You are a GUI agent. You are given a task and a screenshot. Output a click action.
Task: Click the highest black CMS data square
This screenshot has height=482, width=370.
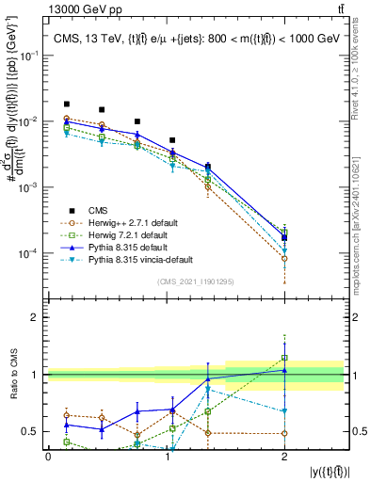coord(66,104)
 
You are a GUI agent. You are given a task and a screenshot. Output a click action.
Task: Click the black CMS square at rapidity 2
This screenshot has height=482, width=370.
coord(283,237)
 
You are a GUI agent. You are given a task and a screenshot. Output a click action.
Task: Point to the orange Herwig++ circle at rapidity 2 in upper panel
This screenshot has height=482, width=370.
coord(283,258)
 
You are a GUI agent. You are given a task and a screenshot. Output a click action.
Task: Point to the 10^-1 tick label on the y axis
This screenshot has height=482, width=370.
coord(28,56)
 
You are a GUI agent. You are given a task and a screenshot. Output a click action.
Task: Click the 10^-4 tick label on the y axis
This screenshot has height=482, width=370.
coord(28,253)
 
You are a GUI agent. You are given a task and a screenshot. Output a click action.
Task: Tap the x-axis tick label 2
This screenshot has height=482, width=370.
coord(283,457)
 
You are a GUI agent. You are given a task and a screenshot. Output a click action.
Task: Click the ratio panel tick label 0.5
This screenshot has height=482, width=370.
coord(32,432)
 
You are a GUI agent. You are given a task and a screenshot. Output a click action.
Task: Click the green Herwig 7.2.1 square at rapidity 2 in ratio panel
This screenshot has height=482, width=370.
coord(283,358)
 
